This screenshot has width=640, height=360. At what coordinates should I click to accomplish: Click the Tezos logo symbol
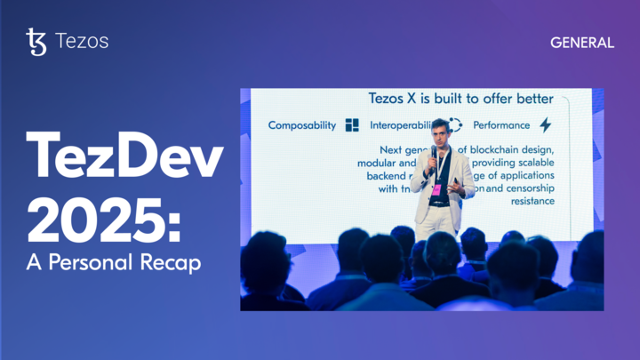(x=36, y=42)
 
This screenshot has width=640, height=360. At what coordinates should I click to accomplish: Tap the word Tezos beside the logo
(x=82, y=42)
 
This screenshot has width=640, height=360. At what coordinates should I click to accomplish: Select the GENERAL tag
(x=582, y=43)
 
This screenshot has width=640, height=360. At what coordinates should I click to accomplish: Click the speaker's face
(x=439, y=134)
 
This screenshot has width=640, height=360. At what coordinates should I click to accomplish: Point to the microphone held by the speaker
(x=434, y=153)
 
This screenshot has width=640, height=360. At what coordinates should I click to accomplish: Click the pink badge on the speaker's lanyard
(x=436, y=189)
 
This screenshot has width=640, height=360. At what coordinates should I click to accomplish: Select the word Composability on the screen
(x=302, y=125)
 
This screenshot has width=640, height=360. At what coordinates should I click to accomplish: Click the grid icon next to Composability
(x=352, y=125)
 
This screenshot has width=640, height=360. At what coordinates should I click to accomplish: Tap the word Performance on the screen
(x=501, y=125)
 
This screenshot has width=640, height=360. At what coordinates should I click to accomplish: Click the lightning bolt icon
(x=546, y=125)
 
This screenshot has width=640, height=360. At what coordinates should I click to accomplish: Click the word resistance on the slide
(x=528, y=201)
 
